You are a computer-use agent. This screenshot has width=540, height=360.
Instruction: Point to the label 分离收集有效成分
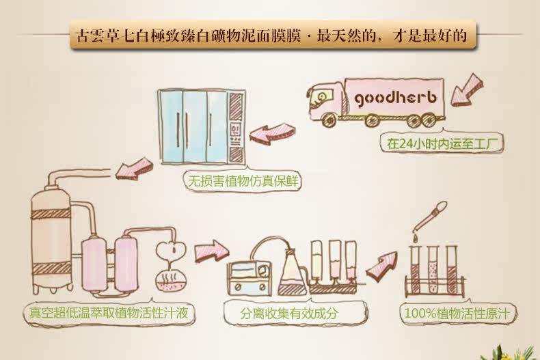(289, 314)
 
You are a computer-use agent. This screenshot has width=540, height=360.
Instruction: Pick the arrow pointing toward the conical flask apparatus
(211, 249)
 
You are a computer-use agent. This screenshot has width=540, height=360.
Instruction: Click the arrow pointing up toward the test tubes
(381, 262)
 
